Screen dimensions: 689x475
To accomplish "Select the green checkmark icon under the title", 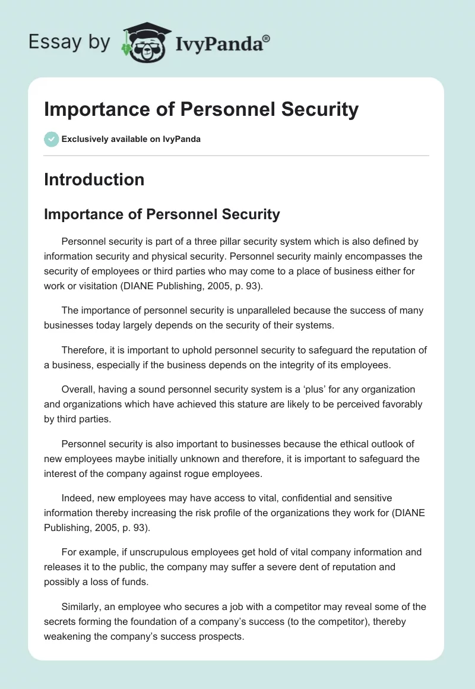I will (x=51, y=139).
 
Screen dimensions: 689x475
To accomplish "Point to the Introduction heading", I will (x=94, y=179).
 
